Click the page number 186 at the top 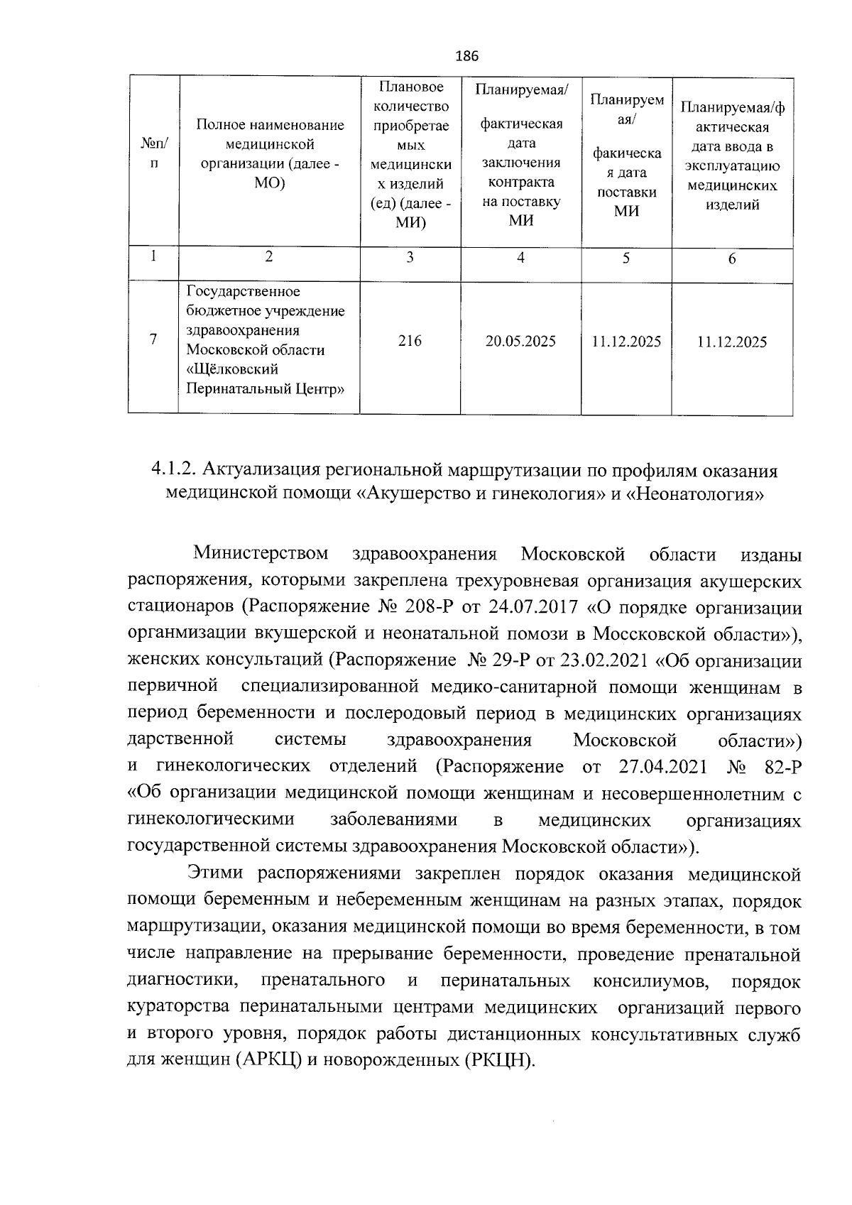466,56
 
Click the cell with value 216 410,341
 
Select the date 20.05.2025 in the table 520,342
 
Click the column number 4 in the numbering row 520,258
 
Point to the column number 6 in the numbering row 732,259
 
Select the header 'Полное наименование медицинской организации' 270,153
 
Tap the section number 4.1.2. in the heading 173,471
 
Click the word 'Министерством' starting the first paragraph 261,553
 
